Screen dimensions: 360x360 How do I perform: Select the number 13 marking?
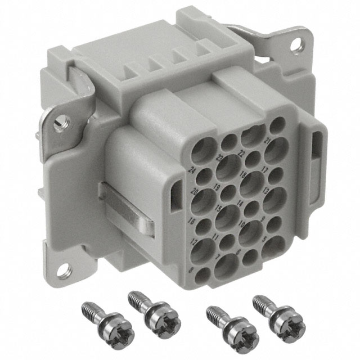(265, 191)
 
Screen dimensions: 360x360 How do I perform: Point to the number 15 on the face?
(218, 209)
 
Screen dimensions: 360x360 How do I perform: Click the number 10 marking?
(241, 225)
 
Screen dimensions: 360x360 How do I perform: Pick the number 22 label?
(242, 154)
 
